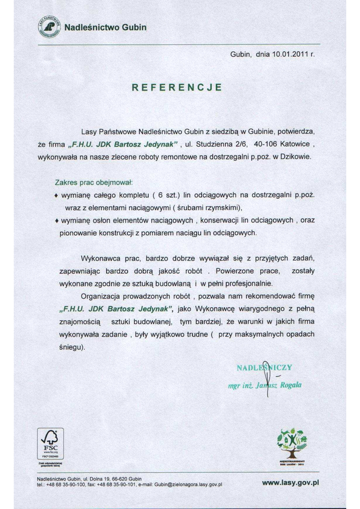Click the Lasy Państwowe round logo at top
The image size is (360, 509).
click(x=50, y=27)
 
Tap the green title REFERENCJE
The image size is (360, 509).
click(x=178, y=87)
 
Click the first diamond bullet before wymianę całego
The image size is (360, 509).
click(x=57, y=196)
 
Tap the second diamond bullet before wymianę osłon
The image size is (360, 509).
click(x=57, y=222)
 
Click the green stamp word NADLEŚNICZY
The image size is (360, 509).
click(x=265, y=368)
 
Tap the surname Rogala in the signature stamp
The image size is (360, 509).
click(x=289, y=385)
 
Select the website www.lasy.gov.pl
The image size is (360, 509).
click(x=290, y=483)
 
